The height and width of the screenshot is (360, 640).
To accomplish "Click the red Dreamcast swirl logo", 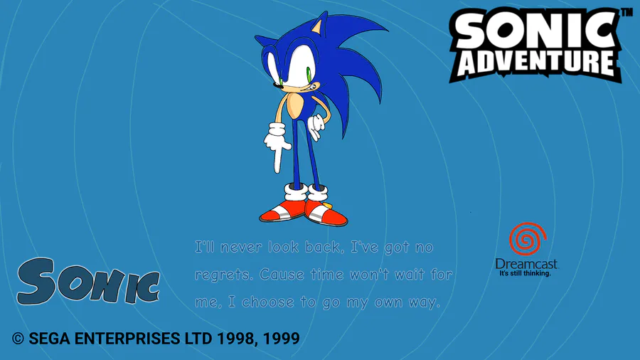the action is [528, 239].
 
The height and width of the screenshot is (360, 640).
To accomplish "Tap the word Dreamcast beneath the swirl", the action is [526, 264].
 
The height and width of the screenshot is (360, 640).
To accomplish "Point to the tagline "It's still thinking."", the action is [526, 273].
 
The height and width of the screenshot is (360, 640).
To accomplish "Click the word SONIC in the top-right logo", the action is [535, 31].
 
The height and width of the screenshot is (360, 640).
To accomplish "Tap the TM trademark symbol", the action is [627, 12].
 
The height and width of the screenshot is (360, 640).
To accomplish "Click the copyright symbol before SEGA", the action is [18, 339].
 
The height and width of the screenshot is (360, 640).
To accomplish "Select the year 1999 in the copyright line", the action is [281, 339].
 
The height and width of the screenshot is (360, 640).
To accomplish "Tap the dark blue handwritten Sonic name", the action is [87, 282].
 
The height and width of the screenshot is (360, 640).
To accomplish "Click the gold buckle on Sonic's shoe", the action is [327, 204].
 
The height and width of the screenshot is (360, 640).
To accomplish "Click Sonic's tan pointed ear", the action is [319, 26].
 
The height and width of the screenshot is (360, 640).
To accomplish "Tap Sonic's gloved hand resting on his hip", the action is [316, 127].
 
